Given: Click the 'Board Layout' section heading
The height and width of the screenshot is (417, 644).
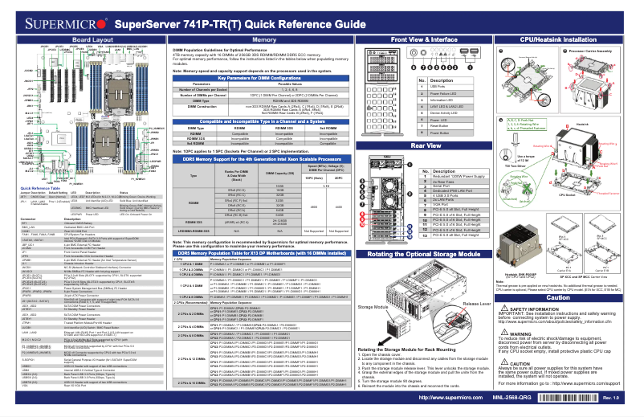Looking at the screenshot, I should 92,39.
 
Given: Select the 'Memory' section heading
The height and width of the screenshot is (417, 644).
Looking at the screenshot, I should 265,39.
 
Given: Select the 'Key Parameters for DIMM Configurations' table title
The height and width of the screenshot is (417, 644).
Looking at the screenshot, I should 264,77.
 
